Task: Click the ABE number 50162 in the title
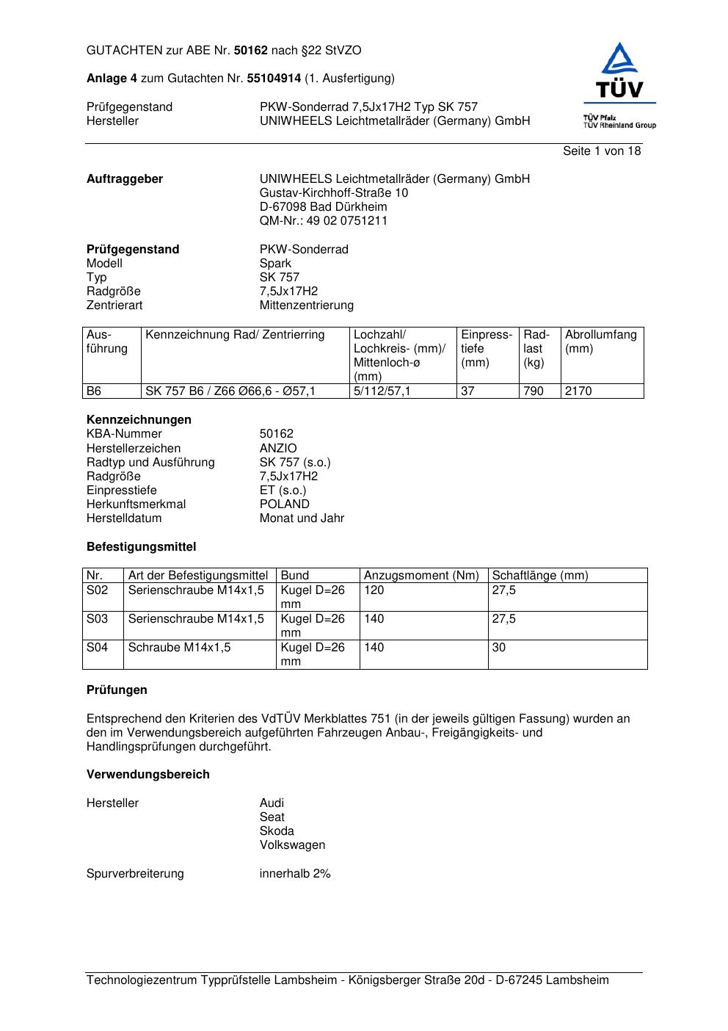coord(251,51)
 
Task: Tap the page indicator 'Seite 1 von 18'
coord(602,151)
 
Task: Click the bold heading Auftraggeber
coord(125,178)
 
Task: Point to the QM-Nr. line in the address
coord(323,220)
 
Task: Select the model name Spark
coord(275,263)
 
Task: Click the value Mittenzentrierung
coord(306,305)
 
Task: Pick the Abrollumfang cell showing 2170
coord(578,391)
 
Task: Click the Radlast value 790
coord(534,391)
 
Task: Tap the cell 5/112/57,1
coord(382,391)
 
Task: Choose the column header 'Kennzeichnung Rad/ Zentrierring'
coord(235,335)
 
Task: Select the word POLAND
coord(284,504)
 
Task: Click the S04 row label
coord(97,647)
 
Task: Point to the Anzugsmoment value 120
coord(374,590)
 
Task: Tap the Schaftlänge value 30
coord(499,647)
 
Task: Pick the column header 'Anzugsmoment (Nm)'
coord(421,575)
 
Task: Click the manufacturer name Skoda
coord(277,831)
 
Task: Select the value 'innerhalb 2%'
coord(295,873)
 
